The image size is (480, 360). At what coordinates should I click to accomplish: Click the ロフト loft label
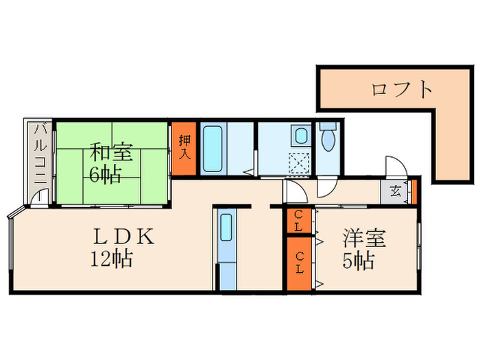coord(403,89)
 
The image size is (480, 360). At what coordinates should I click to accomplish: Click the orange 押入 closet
coord(184,148)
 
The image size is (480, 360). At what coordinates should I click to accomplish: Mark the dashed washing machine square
coord(299,163)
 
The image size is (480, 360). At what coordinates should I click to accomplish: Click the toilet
coord(328,138)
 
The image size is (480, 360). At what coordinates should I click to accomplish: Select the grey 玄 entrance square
coord(396,191)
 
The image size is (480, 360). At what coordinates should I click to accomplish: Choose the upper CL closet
coord(298,220)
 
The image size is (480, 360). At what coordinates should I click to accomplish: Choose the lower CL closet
coord(299,263)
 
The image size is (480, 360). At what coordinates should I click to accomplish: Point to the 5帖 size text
coord(359,261)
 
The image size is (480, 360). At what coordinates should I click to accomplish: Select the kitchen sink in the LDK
coord(226,230)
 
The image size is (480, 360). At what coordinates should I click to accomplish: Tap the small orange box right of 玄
coord(414,191)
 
